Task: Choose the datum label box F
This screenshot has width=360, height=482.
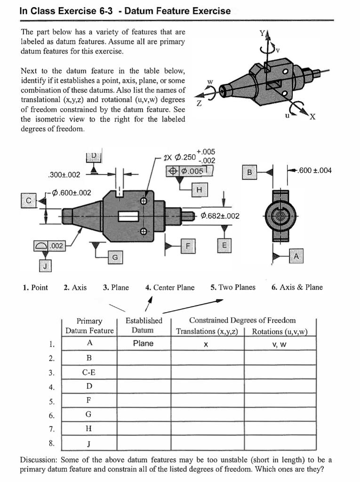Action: coord(188,246)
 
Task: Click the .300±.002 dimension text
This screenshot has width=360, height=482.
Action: coord(64,175)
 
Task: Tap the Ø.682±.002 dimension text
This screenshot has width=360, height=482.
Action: coord(220,216)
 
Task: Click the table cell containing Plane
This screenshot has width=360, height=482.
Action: coord(143,344)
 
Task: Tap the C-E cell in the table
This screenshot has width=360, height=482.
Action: coord(89,372)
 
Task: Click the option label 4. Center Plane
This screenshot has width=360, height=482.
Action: coord(170,288)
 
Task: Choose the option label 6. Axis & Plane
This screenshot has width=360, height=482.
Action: coord(297,288)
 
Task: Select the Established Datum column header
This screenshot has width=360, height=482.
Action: coord(144,325)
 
